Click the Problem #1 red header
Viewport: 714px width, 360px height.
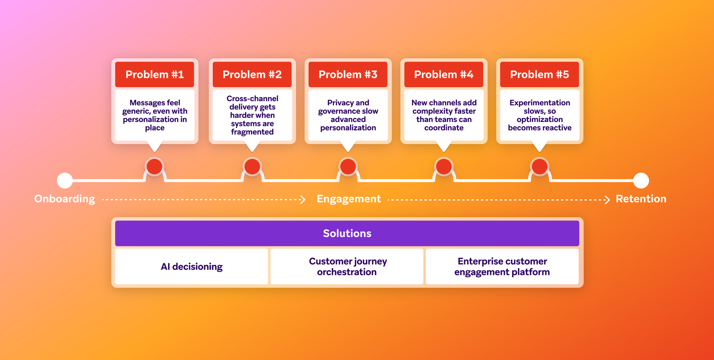[155, 74]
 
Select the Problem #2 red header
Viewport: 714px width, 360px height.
[252, 74]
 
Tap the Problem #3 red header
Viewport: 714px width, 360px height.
[348, 74]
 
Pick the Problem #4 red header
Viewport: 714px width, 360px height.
[444, 74]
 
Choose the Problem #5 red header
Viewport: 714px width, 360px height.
[540, 74]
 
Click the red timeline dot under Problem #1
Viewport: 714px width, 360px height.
[154, 166]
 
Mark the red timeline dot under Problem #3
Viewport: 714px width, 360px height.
[348, 166]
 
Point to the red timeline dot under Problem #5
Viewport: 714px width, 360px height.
[540, 166]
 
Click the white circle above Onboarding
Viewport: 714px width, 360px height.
[65, 180]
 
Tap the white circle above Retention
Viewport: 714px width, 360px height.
[641, 180]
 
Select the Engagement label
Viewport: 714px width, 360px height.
[348, 199]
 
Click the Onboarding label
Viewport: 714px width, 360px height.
[65, 199]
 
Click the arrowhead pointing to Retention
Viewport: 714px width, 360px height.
[607, 200]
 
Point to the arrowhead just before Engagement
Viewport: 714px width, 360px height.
[303, 200]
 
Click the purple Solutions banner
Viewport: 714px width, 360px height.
[347, 233]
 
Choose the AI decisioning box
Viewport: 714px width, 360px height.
[192, 267]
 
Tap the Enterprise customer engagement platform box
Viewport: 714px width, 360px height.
[502, 267]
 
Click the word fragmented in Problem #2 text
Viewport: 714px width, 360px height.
[252, 132]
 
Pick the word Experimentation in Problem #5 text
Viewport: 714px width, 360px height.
[540, 103]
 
